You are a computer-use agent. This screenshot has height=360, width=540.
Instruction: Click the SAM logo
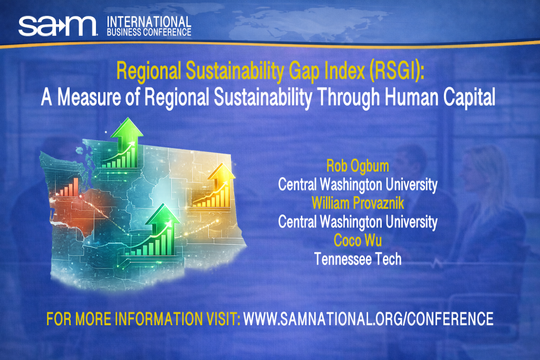coord(57,25)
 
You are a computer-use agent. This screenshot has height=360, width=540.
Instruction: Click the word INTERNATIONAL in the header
coord(149,21)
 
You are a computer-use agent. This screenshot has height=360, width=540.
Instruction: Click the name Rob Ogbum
coord(358,167)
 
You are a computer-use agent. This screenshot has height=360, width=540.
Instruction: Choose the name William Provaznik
coord(358,202)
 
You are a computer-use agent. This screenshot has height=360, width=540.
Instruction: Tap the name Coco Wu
coord(358,240)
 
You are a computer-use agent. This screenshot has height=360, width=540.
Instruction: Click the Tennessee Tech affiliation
coord(358,259)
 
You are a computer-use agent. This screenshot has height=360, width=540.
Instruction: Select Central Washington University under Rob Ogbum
coord(358,185)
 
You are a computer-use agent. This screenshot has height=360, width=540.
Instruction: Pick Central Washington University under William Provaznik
coord(358,221)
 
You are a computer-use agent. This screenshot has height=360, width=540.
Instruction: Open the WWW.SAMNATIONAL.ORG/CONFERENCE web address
coord(368,319)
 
